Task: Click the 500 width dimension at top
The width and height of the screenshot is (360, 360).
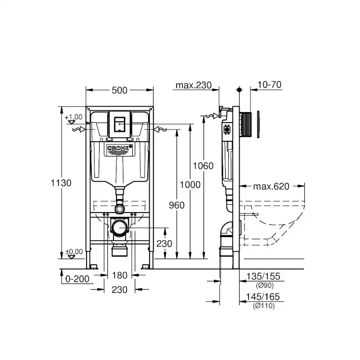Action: pyautogui.click(x=120, y=90)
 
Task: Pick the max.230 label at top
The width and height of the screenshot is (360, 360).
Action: pyautogui.click(x=193, y=85)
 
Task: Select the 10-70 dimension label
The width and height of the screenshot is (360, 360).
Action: pyautogui.click(x=269, y=85)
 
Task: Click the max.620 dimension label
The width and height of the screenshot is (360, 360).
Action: pyautogui.click(x=271, y=187)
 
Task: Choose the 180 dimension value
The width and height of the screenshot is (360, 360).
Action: pyautogui.click(x=120, y=275)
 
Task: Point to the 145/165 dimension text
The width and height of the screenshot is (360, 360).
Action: pyautogui.click(x=263, y=298)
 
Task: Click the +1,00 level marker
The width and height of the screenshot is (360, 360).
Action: pyautogui.click(x=73, y=117)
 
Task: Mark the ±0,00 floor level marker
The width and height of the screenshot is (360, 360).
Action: pyautogui.click(x=73, y=252)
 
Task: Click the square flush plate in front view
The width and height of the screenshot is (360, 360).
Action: pyautogui.click(x=120, y=123)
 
